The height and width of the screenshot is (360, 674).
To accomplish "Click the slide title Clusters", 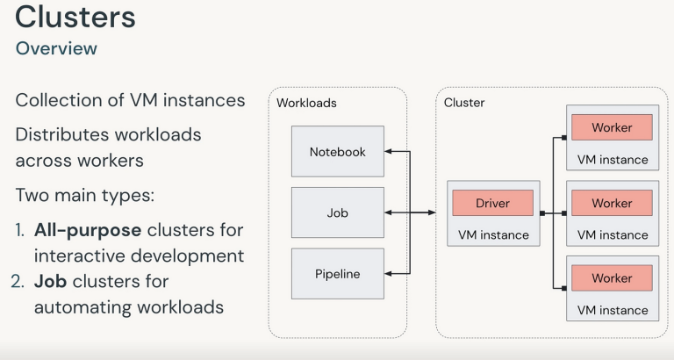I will coord(75,18).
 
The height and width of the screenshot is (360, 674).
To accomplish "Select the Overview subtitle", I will coord(56,48).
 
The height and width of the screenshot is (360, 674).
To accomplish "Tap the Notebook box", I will coord(337,151).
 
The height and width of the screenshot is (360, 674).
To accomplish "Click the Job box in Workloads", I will coord(337,212).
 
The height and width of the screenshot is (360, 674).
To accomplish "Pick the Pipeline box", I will coord(337,274).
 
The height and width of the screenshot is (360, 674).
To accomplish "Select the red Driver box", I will coord(492,203).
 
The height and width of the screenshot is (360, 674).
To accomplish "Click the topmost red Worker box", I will coord(612,127).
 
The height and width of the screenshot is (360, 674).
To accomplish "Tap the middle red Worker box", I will coord(612,203).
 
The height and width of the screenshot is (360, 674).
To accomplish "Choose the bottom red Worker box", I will coord(612,278).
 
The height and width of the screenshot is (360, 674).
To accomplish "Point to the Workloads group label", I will coord(306,103).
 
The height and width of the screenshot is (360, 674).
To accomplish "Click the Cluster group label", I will coord(464,103).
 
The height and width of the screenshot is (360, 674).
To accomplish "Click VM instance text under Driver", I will coord(493,234).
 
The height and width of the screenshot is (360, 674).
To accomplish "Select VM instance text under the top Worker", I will coord(613,159).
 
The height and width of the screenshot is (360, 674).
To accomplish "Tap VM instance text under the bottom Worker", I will coord(613,310).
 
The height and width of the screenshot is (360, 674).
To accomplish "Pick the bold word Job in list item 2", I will coord(48,282).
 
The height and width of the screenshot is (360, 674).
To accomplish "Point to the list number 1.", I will coord(19,230).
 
